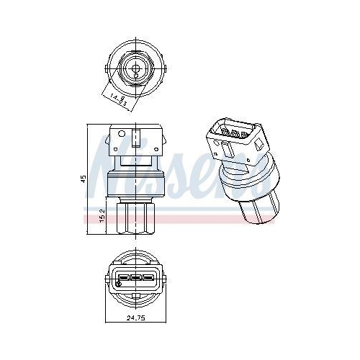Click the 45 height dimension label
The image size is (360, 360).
click(x=84, y=178)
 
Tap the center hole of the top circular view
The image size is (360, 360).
click(x=135, y=69)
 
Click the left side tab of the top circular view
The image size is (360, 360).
click(x=108, y=69)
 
